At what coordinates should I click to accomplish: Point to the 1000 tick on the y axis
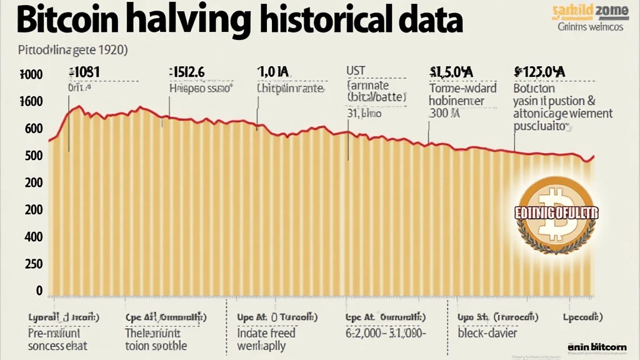click(31, 75)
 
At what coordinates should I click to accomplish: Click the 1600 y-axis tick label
click(31, 102)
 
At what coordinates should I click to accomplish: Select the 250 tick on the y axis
click(33, 264)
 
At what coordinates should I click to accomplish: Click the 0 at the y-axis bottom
click(39, 291)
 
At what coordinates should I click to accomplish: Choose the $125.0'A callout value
click(539, 72)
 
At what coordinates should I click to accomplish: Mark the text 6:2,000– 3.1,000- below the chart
click(386, 332)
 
